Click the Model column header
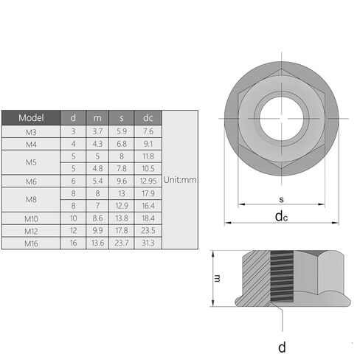[x=31, y=118]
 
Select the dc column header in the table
[x=148, y=118]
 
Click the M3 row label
[x=31, y=132]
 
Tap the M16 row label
[x=31, y=243]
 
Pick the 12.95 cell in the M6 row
[x=148, y=181]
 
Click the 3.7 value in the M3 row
[x=97, y=131]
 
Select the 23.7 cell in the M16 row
[x=122, y=243]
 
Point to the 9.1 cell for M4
[x=148, y=144]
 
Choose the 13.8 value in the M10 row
[x=122, y=218]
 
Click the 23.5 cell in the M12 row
[x=148, y=230]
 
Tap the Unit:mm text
[x=180, y=180]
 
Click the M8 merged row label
[x=31, y=199]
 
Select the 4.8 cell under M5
[x=97, y=168]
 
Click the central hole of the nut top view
[x=282, y=119]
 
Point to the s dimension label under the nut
[x=282, y=199]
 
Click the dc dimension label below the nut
[x=281, y=217]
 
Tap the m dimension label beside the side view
[x=218, y=278]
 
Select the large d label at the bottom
[x=282, y=347]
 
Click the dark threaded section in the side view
[x=282, y=277]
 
